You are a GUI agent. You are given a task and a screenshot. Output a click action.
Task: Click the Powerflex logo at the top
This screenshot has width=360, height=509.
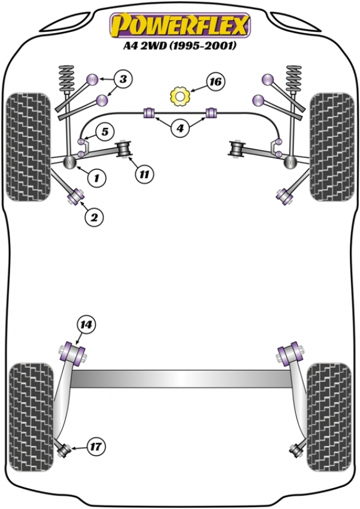click(x=178, y=25)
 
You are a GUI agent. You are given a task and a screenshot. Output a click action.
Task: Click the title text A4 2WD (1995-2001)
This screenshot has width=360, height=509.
click(x=179, y=46)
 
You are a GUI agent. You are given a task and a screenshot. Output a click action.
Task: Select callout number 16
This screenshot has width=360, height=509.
click(x=215, y=81)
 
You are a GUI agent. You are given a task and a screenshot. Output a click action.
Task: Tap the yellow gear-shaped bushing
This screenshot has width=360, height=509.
click(x=178, y=96)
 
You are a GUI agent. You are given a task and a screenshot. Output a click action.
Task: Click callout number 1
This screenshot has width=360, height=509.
click(x=96, y=177)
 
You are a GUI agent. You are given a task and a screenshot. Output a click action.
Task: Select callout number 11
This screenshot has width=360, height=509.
click(x=144, y=175)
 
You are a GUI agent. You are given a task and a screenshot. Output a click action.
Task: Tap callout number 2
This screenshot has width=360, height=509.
click(x=94, y=218)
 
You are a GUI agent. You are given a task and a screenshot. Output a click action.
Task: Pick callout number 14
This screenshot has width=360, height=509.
click(x=86, y=325)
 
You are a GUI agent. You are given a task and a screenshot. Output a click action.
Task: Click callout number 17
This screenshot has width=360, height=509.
click(x=95, y=447)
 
